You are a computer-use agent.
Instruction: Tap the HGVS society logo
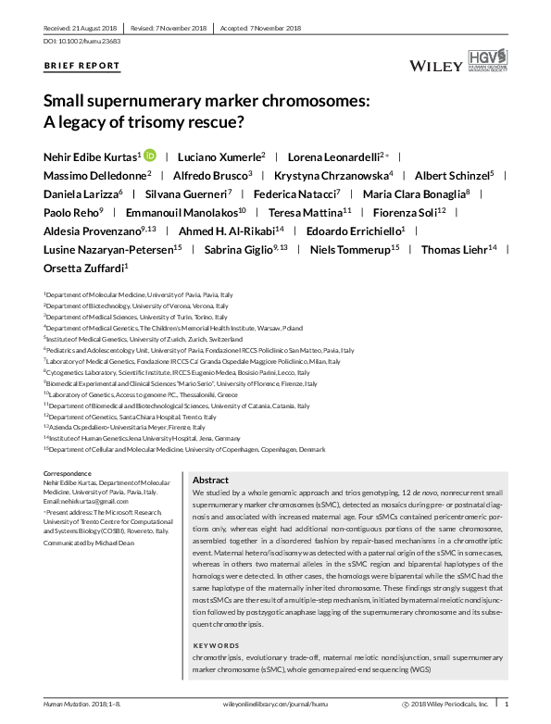click(496, 64)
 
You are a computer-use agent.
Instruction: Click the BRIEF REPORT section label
click(81, 66)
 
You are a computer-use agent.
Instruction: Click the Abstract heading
click(210, 481)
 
